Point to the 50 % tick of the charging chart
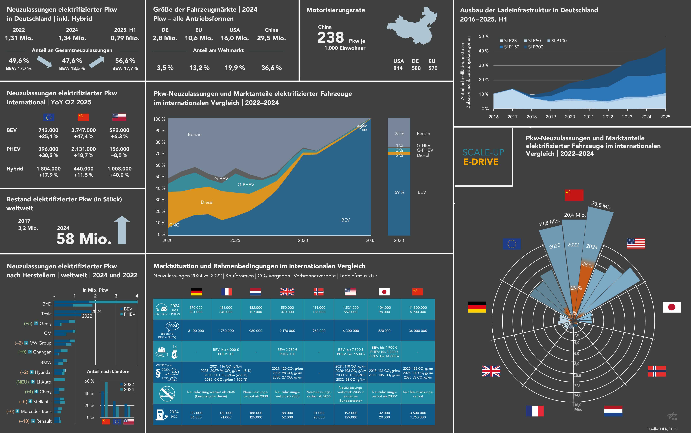pos(483,36)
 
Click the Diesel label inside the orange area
pos(207,202)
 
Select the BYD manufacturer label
pos(47,304)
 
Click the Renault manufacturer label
pos(44,421)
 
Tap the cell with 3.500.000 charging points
pos(418,413)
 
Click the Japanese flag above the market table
pos(384,292)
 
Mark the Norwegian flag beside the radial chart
pos(657,371)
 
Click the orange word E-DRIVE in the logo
pos(481,162)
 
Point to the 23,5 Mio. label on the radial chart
pos(602,205)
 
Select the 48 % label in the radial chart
pos(587,265)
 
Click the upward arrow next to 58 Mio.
pos(122,230)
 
